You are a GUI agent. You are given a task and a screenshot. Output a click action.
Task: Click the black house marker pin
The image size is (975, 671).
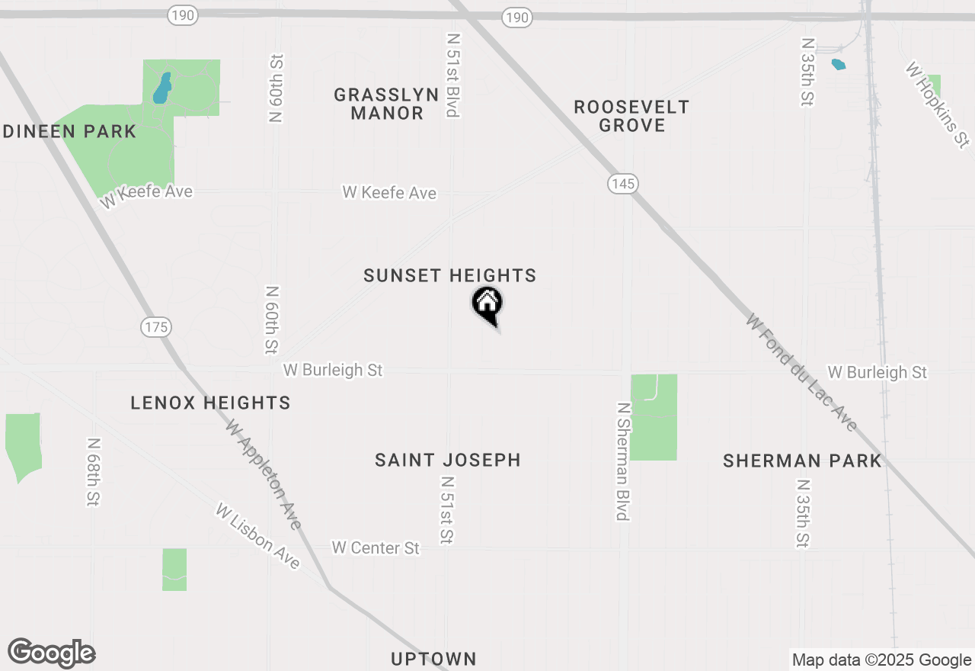(487, 305)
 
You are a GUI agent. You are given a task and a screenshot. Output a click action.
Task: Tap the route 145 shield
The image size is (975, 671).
(622, 184)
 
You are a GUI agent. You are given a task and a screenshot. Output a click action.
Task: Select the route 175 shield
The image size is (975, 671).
(155, 327)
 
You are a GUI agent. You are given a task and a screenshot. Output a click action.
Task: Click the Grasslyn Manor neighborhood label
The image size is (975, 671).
(386, 104)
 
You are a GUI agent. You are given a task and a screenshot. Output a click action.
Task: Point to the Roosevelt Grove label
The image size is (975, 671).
(631, 116)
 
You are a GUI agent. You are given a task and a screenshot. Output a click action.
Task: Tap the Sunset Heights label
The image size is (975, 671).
(449, 276)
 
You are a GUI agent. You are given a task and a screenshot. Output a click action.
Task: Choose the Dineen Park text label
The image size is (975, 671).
(69, 131)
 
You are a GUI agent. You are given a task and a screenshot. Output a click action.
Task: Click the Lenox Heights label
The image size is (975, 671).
(210, 403)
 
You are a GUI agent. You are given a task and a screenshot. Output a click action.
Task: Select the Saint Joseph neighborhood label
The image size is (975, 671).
(448, 460)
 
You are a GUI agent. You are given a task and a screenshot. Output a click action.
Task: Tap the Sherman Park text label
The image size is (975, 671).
(802, 461)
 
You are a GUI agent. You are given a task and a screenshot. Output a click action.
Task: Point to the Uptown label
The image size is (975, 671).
(433, 659)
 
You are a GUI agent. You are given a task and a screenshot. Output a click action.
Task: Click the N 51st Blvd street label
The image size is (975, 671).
(453, 75)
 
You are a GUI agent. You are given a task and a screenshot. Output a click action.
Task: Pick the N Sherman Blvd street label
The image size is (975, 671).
(622, 462)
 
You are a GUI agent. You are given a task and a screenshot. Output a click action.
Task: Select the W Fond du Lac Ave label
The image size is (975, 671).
(802, 372)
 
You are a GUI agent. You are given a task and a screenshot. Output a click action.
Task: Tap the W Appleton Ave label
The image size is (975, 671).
(264, 474)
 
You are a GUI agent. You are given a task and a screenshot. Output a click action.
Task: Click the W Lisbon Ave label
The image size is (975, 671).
(257, 535)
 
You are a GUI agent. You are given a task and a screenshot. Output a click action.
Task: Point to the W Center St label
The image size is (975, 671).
(376, 547)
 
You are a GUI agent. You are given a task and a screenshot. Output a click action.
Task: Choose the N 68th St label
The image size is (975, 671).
(94, 472)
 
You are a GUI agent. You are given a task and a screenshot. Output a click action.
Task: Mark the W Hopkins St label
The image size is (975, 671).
(937, 104)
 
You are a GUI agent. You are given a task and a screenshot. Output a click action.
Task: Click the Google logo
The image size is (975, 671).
(52, 653)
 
